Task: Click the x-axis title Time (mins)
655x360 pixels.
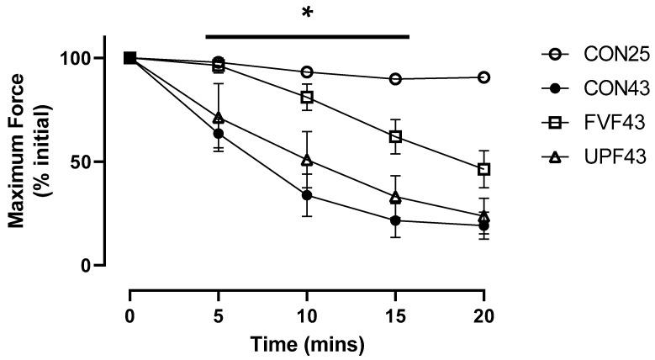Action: tap(306, 344)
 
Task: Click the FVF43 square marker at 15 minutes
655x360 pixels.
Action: tap(395, 136)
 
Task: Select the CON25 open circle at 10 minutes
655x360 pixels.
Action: tap(307, 72)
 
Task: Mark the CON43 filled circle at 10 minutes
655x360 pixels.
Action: tap(307, 195)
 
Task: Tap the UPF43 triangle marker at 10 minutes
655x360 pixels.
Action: tap(307, 160)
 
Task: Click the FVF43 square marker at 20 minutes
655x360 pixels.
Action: tap(483, 169)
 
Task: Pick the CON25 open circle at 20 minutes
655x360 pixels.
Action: tap(483, 77)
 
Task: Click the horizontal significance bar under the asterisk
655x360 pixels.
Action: tap(307, 36)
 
